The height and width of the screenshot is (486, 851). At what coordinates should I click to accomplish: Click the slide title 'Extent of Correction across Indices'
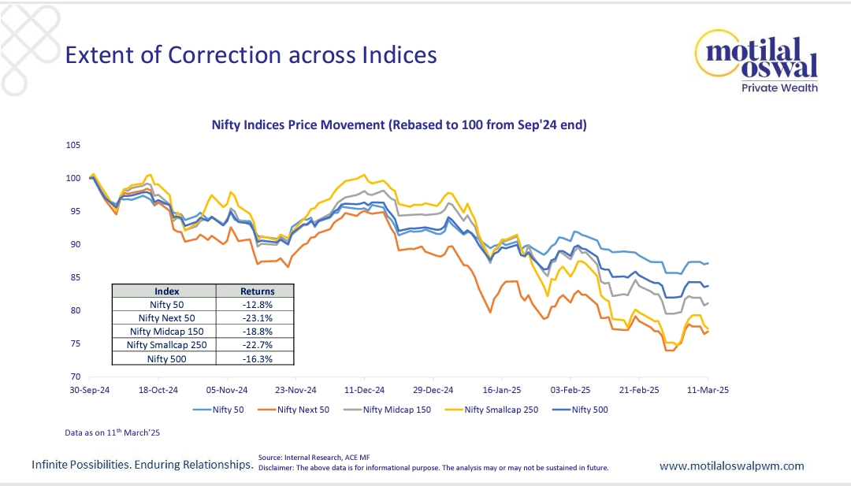click(250, 55)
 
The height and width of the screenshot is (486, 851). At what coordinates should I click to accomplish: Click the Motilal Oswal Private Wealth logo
click(756, 63)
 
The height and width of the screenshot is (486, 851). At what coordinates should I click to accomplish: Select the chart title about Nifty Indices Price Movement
click(399, 124)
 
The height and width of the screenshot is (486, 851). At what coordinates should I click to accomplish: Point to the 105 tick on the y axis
click(73, 145)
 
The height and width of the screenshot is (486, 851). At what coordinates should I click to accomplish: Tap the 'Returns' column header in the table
click(255, 291)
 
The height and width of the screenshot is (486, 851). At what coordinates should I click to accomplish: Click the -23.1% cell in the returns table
click(255, 317)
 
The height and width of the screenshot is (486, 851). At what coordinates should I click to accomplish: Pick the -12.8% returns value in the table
click(255, 304)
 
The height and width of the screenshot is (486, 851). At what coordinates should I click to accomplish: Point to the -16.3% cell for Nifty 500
click(255, 358)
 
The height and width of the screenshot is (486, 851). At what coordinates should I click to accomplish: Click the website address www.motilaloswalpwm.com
click(731, 466)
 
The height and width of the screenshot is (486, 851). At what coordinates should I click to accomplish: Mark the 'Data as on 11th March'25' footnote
click(113, 433)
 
